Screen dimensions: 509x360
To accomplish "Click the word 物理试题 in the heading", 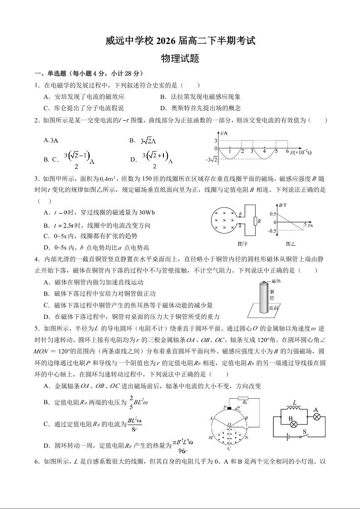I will click(x=180, y=59).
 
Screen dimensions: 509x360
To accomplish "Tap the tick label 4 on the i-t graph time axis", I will click(x=264, y=152).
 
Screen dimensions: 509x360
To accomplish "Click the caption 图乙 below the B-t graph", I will click(x=291, y=244).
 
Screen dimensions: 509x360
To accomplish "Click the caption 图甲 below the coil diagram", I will click(x=243, y=244).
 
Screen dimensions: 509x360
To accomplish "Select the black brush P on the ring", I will click(x=229, y=408).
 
